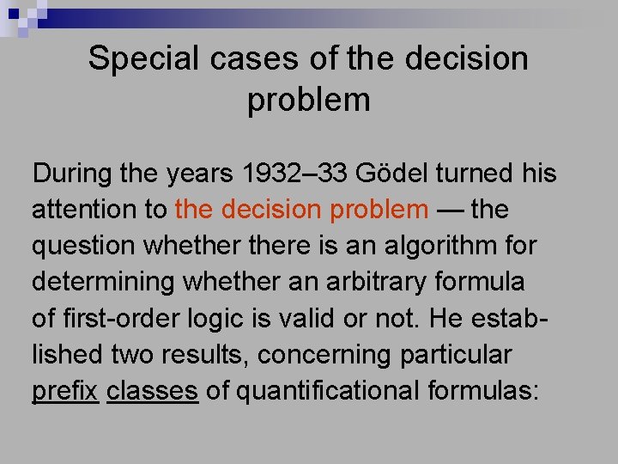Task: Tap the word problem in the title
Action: (x=309, y=101)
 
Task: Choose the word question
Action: (x=84, y=246)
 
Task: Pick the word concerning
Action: (x=326, y=355)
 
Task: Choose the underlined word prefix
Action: (x=64, y=391)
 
